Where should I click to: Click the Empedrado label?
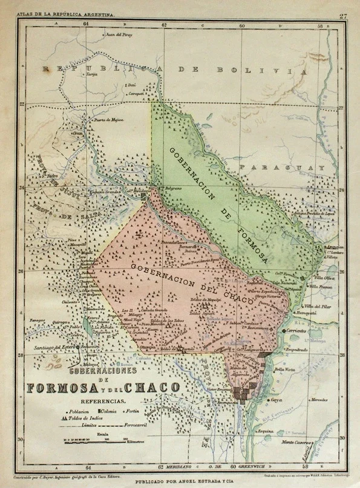click(295, 350)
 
